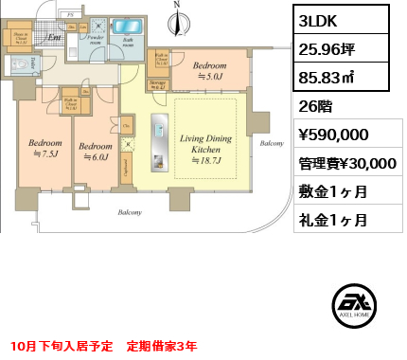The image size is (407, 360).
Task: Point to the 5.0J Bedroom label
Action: click(209, 72)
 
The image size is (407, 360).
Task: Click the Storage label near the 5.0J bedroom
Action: click(157, 83)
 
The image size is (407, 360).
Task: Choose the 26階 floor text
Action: click(312, 107)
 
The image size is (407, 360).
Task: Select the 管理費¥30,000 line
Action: click(346, 163)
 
